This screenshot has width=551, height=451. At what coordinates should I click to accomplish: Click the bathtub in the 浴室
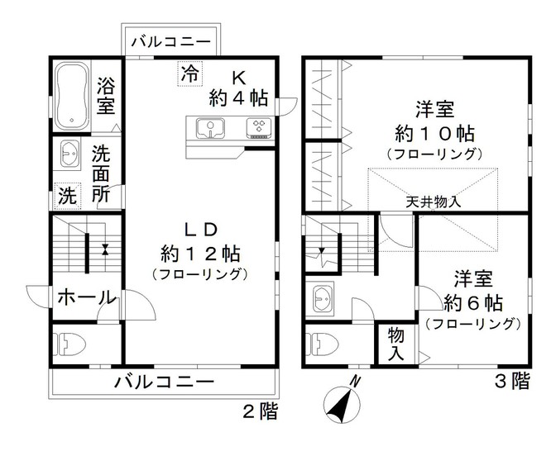click(x=72, y=96)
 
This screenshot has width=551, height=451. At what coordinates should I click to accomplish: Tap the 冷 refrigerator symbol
click(x=190, y=74)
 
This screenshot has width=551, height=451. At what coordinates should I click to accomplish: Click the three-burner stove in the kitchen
click(x=259, y=128)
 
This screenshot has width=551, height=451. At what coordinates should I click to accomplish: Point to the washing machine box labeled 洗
click(x=68, y=196)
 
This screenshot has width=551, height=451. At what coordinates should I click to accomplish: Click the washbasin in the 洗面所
click(x=70, y=154)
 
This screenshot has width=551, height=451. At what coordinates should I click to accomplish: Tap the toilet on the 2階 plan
click(x=69, y=344)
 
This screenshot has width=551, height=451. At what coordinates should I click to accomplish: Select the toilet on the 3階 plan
click(x=322, y=344)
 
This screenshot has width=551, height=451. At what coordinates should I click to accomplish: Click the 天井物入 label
click(x=433, y=202)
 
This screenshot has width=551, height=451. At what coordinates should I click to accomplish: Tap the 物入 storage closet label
click(x=396, y=344)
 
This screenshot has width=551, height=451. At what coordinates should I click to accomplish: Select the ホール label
click(x=87, y=298)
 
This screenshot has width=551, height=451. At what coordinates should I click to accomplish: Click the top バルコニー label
click(x=170, y=42)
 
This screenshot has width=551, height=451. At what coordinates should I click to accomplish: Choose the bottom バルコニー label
click(x=164, y=382)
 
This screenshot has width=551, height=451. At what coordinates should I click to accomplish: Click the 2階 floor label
click(x=261, y=411)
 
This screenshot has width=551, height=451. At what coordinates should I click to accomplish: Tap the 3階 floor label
click(x=512, y=381)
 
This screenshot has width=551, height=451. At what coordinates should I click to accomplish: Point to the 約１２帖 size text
click(x=200, y=254)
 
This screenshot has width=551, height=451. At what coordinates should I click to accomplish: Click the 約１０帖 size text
click(x=434, y=133)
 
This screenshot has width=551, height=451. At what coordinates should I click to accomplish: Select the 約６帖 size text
click(x=472, y=302)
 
